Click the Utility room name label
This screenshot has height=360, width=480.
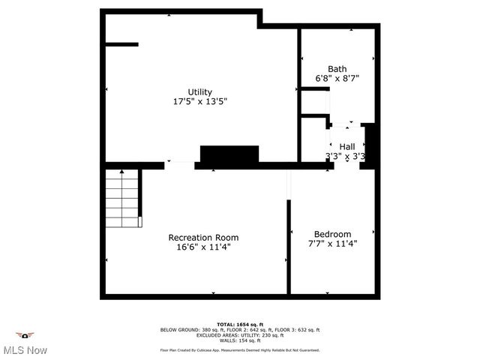(199, 92)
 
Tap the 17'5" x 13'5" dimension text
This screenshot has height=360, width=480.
(199, 101)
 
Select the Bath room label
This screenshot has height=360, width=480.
(337, 68)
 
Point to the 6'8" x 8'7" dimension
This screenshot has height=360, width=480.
(337, 78)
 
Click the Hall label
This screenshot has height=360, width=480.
(346, 146)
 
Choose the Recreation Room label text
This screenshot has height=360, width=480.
(202, 237)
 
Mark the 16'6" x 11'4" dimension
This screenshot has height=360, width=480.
(202, 247)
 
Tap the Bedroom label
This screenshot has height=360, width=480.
(332, 234)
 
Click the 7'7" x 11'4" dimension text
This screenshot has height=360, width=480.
(332, 244)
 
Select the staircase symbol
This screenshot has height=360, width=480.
(122, 198)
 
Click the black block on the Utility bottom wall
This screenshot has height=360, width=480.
(229, 155)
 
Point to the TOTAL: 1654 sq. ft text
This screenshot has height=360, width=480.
(240, 324)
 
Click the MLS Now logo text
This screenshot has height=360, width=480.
(25, 350)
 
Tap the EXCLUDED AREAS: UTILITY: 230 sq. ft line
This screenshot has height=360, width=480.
(240, 335)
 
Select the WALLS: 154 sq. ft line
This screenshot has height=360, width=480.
(240, 340)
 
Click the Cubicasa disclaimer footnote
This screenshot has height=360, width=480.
(240, 349)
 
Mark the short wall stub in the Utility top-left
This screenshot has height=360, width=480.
(121, 44)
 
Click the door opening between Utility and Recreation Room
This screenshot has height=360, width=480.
(179, 164)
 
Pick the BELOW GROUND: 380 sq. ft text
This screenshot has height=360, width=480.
(187, 330)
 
